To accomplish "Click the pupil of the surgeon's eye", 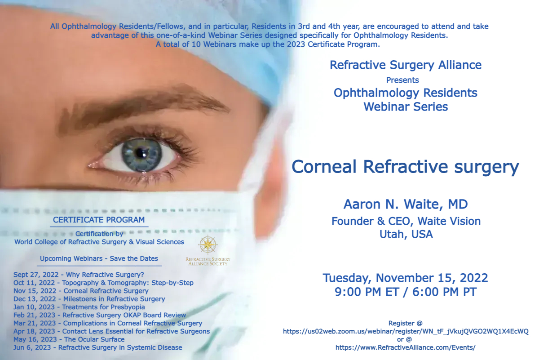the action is pos(140,152).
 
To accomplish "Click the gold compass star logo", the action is pos(208,244).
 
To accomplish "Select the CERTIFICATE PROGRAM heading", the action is pos(99,220).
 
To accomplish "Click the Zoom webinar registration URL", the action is pos(406,331).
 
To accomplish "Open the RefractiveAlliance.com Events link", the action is pos(406,347).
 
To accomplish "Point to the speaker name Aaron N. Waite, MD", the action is pos(406,204).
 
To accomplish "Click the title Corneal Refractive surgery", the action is pos(406,167).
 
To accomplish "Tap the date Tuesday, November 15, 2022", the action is pos(406,278).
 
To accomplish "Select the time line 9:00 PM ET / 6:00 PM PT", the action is pos(406,292).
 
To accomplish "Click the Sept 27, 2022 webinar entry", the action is pos(79,275).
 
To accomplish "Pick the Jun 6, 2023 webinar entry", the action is pos(98,347).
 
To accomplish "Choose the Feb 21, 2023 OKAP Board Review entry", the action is pos(100,315).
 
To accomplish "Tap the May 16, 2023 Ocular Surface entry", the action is pos(69,339).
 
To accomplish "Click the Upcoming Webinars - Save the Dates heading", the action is pos(99,258).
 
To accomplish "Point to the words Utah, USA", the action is pos(406,234).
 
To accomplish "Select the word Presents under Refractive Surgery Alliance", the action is pos(402,80).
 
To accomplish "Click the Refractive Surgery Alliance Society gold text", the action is pos(208,262).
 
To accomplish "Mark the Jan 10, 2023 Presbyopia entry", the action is pos(79,307).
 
